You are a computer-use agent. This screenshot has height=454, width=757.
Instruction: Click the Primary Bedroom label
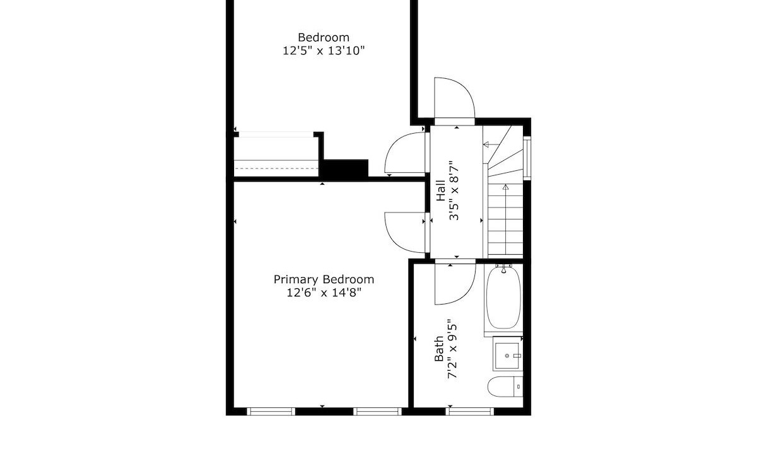324,280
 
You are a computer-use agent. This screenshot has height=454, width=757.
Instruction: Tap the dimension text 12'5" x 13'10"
324,50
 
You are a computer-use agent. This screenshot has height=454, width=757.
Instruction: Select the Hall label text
441,190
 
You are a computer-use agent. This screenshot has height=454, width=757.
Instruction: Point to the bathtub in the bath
503,297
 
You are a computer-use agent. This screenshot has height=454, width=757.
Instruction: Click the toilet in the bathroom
505,387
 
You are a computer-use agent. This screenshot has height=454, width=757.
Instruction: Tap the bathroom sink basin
507,356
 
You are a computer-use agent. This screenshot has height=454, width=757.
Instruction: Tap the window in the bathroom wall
469,411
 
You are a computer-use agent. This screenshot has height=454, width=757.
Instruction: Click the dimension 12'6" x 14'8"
324,293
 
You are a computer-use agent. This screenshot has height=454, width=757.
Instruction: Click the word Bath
438,349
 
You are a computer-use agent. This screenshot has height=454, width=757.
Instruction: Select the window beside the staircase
527,158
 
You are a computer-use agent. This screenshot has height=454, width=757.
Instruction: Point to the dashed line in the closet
276,168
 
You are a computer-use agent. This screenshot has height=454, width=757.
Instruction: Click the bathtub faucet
503,269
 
